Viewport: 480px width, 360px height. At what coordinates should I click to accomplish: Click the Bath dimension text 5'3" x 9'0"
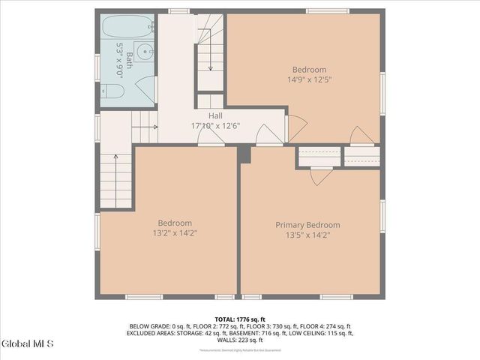coord(120,56)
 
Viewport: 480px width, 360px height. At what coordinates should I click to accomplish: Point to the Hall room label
coord(215,115)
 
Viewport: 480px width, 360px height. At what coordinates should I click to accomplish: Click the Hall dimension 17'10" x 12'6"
coord(215,125)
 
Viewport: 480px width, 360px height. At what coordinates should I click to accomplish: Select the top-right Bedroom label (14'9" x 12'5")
coord(304,70)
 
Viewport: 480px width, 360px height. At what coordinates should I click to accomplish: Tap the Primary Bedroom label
coord(307,225)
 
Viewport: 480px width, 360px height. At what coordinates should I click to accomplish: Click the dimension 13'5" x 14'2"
coord(307,235)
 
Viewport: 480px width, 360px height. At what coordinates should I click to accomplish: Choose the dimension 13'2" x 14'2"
coord(175,232)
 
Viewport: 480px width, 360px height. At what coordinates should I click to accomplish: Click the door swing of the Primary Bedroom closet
coord(320,176)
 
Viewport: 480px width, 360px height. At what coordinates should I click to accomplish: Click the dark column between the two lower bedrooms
coord(243,153)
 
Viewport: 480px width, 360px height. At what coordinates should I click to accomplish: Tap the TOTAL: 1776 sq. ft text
coord(240,319)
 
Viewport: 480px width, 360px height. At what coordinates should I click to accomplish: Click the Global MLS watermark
coord(28,344)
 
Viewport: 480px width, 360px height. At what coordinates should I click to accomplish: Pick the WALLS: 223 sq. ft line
coord(240,340)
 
